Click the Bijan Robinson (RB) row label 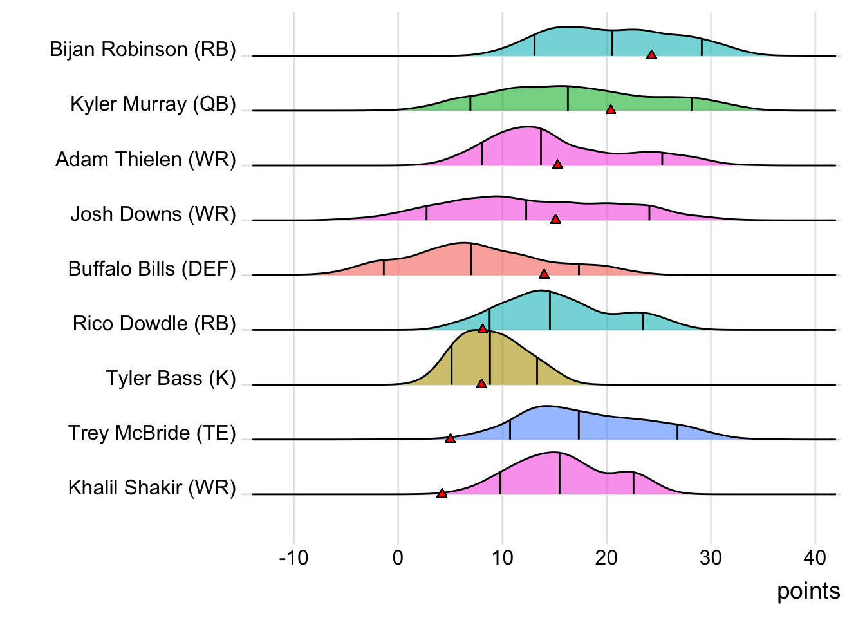pyautogui.click(x=143, y=50)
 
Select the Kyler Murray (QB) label pyautogui.click(x=153, y=104)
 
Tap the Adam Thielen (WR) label pyautogui.click(x=145, y=159)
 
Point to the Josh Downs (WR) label pyautogui.click(x=153, y=214)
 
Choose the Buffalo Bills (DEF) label pyautogui.click(x=152, y=268)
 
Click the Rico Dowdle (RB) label pyautogui.click(x=154, y=323)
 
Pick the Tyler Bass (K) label pyautogui.click(x=171, y=378)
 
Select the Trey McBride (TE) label pyautogui.click(x=152, y=433)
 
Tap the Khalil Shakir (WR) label pyautogui.click(x=152, y=487)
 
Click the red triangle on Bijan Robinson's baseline pyautogui.click(x=651, y=55)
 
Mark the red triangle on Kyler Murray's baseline pyautogui.click(x=611, y=110)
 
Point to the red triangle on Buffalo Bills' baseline pyautogui.click(x=544, y=275)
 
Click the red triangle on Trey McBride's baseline pyautogui.click(x=451, y=439)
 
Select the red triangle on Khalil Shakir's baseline pyautogui.click(x=442, y=494)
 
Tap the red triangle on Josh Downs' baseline pyautogui.click(x=555, y=220)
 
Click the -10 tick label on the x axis pyautogui.click(x=293, y=557)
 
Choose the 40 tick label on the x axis pyautogui.click(x=815, y=557)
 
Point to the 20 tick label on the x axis pyautogui.click(x=606, y=557)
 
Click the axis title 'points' pyautogui.click(x=808, y=591)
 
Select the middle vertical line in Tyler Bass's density pyautogui.click(x=490, y=360)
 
